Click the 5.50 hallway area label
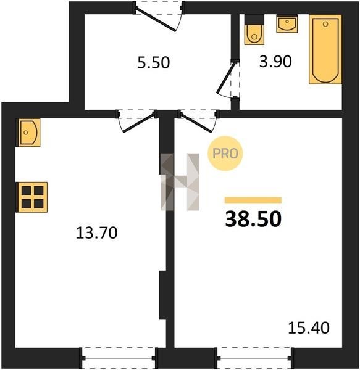click(x=154, y=63)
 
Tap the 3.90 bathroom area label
click(x=275, y=62)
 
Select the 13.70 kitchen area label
click(x=96, y=232)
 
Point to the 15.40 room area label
click(x=309, y=328)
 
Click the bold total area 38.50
click(x=253, y=219)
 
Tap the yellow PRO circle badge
click(x=225, y=154)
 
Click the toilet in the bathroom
click(x=254, y=30)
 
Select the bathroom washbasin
click(x=287, y=23)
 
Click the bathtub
click(x=325, y=49)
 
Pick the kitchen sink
click(x=28, y=133)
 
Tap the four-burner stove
click(x=32, y=197)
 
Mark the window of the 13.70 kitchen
click(x=119, y=358)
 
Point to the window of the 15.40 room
click(x=254, y=358)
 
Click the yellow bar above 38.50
click(x=253, y=200)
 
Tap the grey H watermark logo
click(x=180, y=182)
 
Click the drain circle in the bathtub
click(x=325, y=24)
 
